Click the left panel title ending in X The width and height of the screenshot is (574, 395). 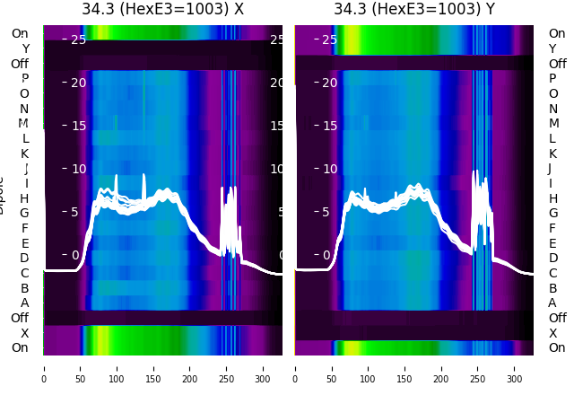pos(162,9)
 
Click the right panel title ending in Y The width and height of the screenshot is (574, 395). pos(414,9)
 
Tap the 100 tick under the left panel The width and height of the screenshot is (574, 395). pos(116,367)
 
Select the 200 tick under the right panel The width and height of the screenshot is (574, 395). pos(442,367)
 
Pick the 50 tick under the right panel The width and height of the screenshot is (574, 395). pos(332,367)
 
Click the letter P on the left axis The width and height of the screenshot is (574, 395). pos(25,78)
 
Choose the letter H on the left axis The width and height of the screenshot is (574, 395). pos(25,198)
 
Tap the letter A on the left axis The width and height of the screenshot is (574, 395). pos(25,303)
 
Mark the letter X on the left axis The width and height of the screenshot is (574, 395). pos(25,333)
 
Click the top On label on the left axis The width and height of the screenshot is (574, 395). pos(20,33)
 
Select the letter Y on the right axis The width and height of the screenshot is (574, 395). pos(552,48)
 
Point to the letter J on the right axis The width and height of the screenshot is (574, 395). pos(550,168)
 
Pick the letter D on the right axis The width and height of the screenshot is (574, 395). pos(552,258)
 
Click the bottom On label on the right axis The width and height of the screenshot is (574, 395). pos(557,347)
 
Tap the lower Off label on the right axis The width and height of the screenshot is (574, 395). pos(557,318)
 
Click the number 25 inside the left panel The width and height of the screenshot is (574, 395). pos(78,39)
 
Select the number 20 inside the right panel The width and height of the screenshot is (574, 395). pos(329,83)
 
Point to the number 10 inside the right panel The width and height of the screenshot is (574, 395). pos(329,169)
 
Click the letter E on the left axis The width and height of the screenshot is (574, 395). pos(25,243)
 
